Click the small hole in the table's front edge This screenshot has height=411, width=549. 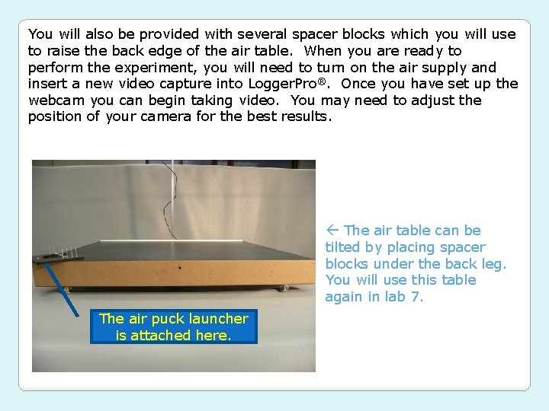coord(179,268)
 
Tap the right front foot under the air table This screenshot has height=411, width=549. coord(286,288)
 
